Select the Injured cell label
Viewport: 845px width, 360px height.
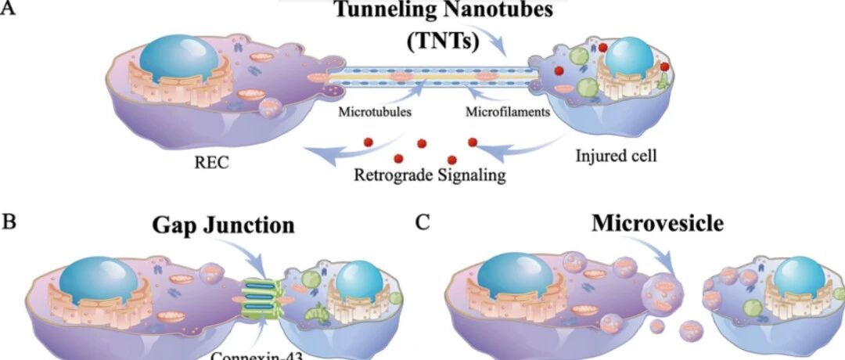pos(617,155)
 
